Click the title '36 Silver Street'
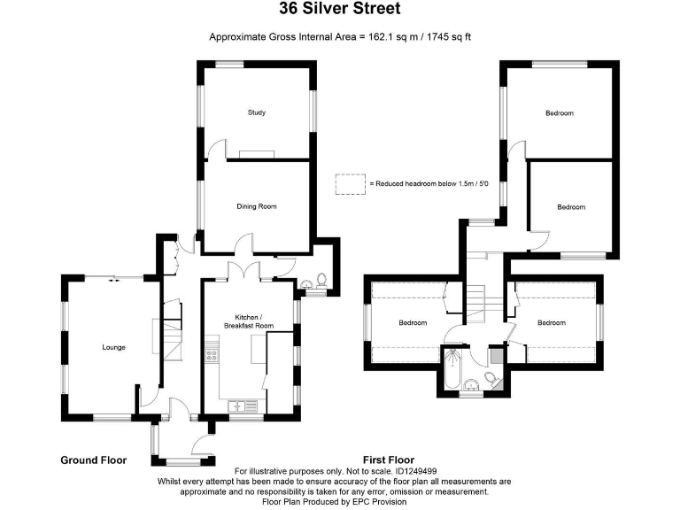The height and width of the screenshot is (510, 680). [340, 10]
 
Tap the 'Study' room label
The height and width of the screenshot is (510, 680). [257, 112]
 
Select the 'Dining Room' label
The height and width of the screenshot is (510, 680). [257, 206]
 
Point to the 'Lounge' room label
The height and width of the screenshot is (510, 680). [112, 347]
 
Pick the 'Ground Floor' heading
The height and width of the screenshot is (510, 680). [93, 460]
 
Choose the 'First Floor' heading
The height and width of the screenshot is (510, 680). [389, 460]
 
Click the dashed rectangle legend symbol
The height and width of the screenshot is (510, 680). [351, 183]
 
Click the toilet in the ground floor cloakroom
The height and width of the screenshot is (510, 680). [321, 282]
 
